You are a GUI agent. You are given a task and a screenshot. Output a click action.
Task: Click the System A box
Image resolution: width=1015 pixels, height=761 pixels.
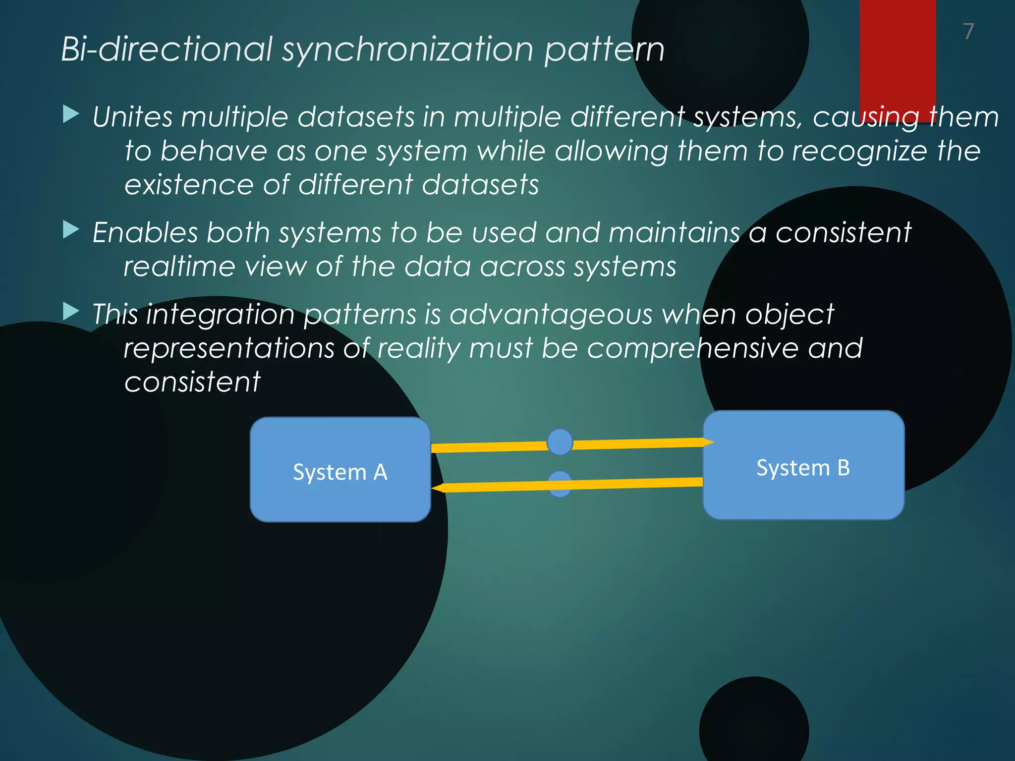point(340,470)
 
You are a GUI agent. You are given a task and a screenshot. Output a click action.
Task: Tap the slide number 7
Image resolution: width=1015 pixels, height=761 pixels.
point(968,31)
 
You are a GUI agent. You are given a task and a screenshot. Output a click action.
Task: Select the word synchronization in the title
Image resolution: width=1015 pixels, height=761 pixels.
point(408,50)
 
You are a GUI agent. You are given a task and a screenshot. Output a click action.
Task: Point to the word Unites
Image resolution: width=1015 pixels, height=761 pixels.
point(132,117)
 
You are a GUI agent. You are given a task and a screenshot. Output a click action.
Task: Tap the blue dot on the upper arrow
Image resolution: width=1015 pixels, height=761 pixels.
point(560,442)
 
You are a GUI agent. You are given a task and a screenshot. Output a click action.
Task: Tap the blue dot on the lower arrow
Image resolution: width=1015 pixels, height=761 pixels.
point(560,484)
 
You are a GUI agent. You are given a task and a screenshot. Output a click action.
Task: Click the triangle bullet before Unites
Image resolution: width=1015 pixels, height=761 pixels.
point(71,114)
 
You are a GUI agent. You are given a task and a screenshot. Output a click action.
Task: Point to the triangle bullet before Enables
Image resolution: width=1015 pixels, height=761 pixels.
point(71,230)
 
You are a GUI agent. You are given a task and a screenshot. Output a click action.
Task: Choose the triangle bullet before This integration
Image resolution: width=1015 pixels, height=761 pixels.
point(71,312)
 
